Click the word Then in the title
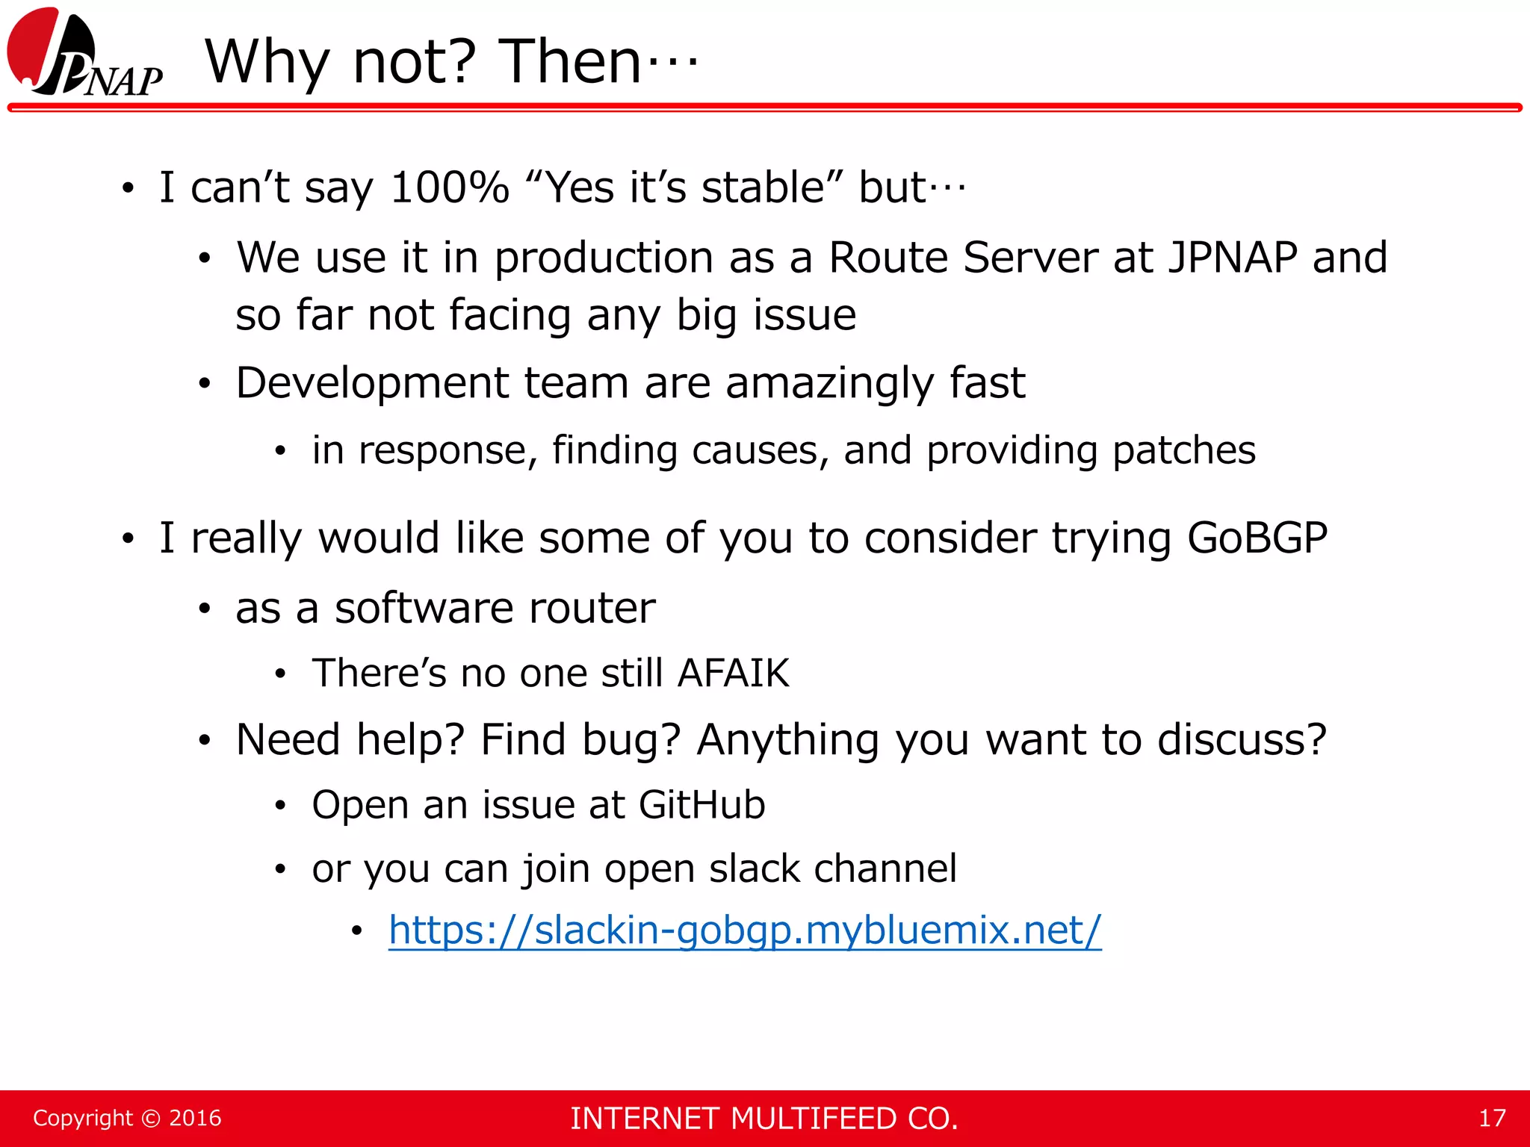pos(569,61)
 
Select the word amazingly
pos(829,384)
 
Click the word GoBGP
pos(1257,538)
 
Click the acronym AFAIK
pos(733,673)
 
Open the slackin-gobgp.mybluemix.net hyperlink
pos(744,930)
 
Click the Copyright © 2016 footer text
pos(127,1118)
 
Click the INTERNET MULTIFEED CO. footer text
pos(764,1119)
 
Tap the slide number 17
pos(1491,1118)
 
